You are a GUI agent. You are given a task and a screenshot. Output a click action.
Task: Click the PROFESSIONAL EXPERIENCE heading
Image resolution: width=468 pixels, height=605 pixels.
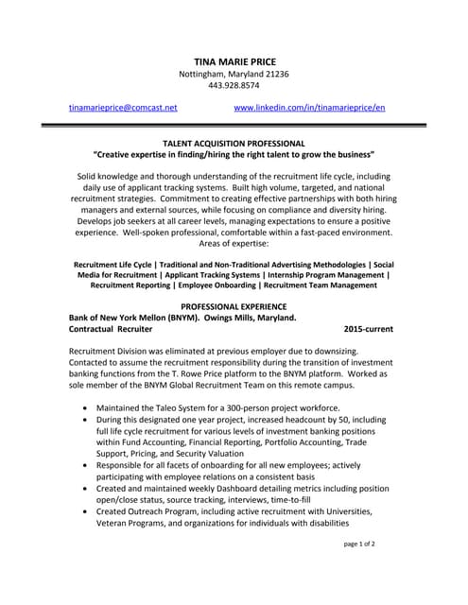click(234, 307)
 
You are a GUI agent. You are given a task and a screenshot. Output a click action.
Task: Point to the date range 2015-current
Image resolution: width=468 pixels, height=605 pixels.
click(369, 330)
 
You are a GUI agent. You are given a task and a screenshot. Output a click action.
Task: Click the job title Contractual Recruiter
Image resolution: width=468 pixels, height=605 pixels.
click(111, 330)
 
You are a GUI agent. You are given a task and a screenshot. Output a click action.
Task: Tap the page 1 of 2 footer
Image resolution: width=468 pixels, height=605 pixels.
click(360, 571)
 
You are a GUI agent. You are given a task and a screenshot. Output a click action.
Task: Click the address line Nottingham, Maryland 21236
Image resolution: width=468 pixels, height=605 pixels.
click(234, 74)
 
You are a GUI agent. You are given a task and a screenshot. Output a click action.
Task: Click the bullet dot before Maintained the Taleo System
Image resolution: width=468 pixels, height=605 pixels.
click(87, 406)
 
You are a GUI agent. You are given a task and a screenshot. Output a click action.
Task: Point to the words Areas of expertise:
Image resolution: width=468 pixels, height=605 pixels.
click(234, 244)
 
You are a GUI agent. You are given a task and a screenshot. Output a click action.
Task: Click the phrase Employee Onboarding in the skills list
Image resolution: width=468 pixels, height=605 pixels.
click(212, 285)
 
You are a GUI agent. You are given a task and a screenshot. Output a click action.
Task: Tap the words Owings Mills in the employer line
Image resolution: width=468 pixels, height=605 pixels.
click(226, 319)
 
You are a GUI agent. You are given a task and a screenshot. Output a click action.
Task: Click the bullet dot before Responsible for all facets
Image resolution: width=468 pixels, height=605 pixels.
click(87, 465)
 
